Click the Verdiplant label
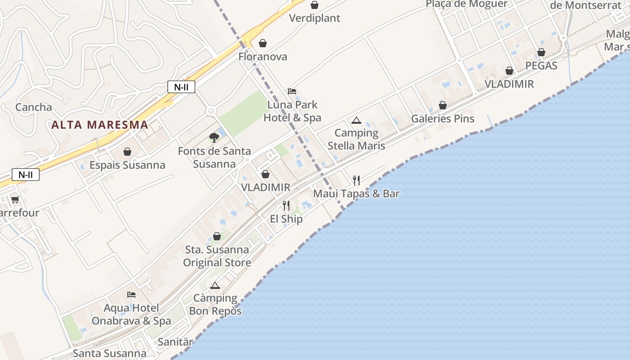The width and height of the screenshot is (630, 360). pos(315,18)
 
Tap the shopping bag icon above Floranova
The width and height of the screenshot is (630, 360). pos(262,43)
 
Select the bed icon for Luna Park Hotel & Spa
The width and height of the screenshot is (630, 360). pos(292,91)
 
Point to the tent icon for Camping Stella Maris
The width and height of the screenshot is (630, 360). pos(356,120)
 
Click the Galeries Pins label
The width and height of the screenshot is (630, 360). pos(443,119)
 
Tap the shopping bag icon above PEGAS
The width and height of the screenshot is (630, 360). pos(541,53)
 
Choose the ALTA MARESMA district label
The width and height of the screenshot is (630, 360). pos(99,125)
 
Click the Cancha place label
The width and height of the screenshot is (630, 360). pos(34,107)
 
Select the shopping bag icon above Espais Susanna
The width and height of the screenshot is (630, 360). pos(127,152)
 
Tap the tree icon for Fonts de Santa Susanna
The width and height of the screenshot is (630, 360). pos(214,137)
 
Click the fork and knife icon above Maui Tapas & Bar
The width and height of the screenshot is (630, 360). pos(356,180)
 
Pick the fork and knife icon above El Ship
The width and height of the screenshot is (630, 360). pos(286,206)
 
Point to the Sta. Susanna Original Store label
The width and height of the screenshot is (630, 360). pos(217,256)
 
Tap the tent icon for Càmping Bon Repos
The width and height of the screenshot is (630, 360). pos(215,285)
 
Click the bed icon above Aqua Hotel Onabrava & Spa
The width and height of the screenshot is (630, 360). pos(131,295)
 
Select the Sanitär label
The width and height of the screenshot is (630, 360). pos(175,342)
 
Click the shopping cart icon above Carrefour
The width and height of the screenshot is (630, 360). pos(15,199)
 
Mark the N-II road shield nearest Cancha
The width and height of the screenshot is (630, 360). pos(181,87)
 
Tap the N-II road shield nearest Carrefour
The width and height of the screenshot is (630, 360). pos(26,175)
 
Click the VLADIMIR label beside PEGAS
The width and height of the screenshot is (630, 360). pos(509,84)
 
